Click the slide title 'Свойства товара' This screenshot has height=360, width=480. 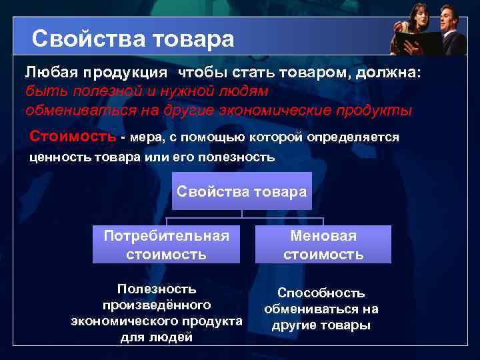click(x=133, y=39)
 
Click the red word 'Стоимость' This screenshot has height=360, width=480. click(x=73, y=137)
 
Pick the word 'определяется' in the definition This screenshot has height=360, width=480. click(x=353, y=137)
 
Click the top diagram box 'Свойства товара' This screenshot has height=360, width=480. click(x=241, y=191)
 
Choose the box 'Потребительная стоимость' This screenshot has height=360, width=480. click(x=166, y=245)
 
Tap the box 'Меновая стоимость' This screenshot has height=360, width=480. click(x=323, y=245)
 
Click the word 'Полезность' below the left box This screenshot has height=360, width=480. click(x=156, y=289)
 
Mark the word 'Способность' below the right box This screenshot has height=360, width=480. click(x=321, y=293)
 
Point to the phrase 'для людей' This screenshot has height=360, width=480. click(x=156, y=337)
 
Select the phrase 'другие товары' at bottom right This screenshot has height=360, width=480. click(x=321, y=325)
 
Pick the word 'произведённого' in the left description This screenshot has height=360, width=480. click(x=156, y=305)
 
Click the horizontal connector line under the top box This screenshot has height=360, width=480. click(x=244, y=218)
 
